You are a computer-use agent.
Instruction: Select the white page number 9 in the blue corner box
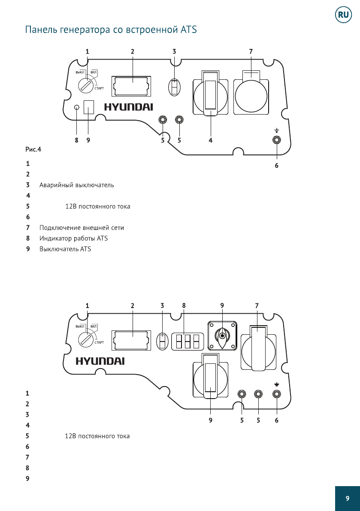point(347,498)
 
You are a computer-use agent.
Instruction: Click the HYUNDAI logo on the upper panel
point(128,107)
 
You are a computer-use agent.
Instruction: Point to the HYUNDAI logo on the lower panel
point(100,361)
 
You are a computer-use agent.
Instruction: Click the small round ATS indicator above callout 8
point(77,107)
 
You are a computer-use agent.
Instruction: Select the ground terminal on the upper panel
point(277,139)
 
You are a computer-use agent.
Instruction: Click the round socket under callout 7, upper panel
point(251,96)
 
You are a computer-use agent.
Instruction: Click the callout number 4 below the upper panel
point(211,140)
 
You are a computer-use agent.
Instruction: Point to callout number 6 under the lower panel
point(277,420)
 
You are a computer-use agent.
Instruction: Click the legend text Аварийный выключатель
point(77,185)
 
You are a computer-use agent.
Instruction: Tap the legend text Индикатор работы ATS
point(74,238)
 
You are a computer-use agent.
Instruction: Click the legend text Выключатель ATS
point(65,249)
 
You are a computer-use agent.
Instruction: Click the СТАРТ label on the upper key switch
point(100,88)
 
